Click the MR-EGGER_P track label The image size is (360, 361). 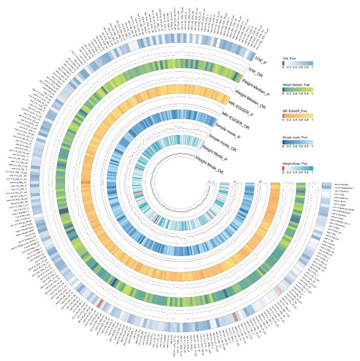point(235,107)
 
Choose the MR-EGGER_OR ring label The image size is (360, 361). point(226,118)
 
